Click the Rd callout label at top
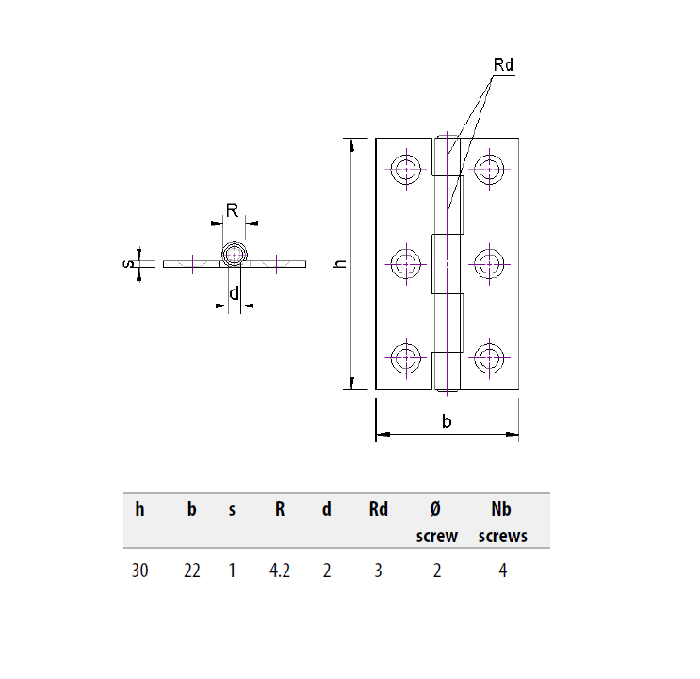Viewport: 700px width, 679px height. click(503, 65)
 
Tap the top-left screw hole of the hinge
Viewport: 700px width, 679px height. click(406, 170)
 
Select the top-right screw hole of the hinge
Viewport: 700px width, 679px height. click(488, 170)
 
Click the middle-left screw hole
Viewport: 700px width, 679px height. click(406, 264)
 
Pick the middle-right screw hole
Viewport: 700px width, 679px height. click(488, 264)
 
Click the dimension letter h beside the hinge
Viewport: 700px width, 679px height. click(341, 264)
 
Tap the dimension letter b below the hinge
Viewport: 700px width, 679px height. click(448, 422)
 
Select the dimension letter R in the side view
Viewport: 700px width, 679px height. click(231, 209)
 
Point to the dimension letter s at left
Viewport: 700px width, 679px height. click(128, 264)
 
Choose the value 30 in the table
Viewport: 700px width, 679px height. click(140, 571)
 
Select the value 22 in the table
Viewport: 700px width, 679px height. click(191, 571)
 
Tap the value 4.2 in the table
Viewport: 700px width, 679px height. click(279, 571)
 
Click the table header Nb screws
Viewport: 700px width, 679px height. click(502, 522)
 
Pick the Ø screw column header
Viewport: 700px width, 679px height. click(436, 522)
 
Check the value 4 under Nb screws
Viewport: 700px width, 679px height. click(503, 571)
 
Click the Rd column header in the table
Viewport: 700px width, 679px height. click(378, 510)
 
